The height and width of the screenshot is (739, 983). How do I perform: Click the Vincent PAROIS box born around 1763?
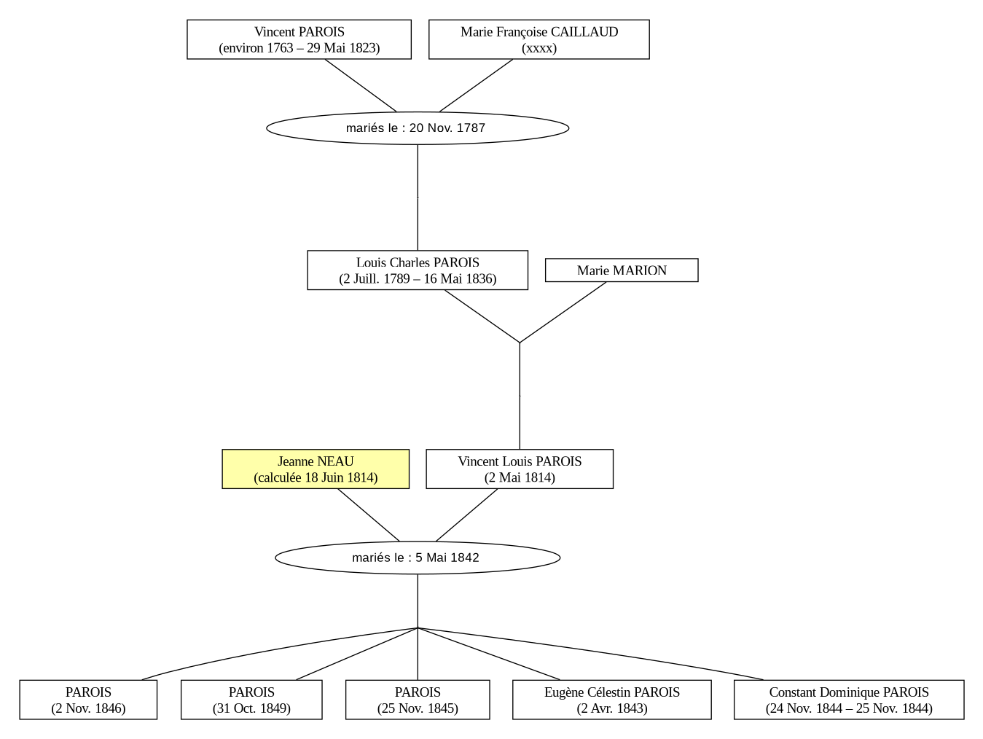[x=299, y=39]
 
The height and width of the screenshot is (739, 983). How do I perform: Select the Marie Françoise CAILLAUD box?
[x=539, y=39]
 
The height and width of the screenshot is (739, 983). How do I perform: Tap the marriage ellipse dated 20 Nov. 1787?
[x=418, y=128]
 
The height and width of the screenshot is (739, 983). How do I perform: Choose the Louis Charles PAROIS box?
[x=418, y=270]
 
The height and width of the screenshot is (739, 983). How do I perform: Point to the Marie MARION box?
[x=622, y=270]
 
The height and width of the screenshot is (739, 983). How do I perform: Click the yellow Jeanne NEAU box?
[x=316, y=469]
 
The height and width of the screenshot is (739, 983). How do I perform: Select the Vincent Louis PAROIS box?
[x=520, y=469]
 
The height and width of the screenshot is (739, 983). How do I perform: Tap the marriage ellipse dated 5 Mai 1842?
[x=418, y=558]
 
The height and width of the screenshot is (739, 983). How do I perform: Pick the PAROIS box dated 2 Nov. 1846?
[x=88, y=700]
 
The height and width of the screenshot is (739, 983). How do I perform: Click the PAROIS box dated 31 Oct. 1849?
[x=251, y=700]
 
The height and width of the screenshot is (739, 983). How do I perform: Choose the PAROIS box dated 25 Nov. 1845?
[x=418, y=700]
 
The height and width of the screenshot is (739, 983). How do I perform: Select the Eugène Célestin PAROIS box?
[x=612, y=700]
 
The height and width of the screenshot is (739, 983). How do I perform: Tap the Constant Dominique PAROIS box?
[x=849, y=700]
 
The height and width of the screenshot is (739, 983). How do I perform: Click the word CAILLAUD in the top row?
[x=584, y=32]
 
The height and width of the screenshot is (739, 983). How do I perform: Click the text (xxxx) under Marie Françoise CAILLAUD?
[x=539, y=48]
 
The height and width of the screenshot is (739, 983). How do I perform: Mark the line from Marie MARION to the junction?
[x=563, y=312]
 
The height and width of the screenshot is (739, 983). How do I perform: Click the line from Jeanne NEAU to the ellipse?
[x=368, y=515]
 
